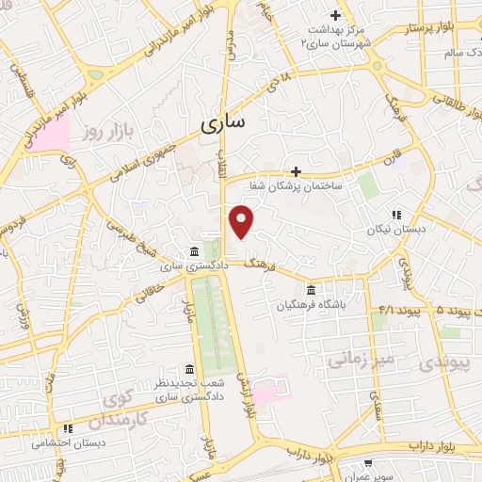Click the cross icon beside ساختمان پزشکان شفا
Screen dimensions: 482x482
point(297,171)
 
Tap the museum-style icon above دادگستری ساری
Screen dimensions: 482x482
point(193,251)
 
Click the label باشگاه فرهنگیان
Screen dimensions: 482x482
point(312,305)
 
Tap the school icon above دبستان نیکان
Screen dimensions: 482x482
point(396,214)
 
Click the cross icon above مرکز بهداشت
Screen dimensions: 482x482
point(335,14)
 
